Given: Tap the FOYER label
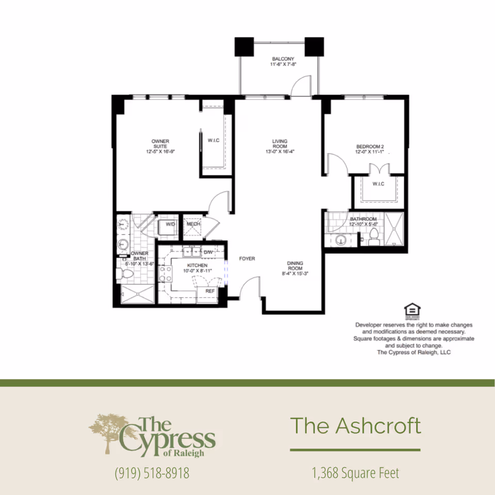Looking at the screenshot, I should point(247,258).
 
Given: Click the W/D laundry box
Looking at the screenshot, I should point(170,224).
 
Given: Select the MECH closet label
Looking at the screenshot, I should point(193,224).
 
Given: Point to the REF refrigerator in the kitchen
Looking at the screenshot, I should point(210,291).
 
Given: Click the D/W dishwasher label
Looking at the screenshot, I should point(208,252).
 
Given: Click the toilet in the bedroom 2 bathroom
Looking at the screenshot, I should point(374,235).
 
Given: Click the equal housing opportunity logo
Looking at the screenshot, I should point(412,310).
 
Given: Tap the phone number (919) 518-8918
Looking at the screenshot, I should point(152,473).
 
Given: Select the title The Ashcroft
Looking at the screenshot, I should point(355,426).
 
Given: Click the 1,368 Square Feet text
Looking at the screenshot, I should point(355,472).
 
